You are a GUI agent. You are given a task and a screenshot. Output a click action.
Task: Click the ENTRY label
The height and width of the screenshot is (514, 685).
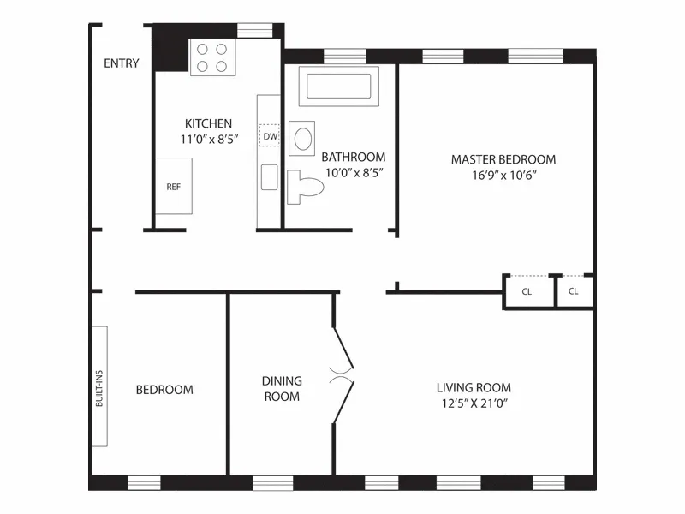tap(122, 63)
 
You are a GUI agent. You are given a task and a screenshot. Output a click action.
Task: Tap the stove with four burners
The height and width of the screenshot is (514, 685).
tap(212, 58)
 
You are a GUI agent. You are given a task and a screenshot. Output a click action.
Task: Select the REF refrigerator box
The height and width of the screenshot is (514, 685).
tap(173, 186)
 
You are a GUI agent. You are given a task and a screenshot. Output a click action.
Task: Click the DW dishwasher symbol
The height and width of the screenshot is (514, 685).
tap(270, 136)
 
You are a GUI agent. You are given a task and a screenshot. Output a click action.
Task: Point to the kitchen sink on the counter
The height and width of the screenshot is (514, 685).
tap(269, 176)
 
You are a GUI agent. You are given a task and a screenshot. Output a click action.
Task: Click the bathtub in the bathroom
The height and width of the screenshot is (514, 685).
tap(338, 87)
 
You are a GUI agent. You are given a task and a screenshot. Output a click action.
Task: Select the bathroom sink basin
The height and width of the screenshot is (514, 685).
tap(302, 139)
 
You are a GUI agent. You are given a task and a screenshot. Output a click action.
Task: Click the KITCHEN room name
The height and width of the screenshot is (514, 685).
tap(208, 123)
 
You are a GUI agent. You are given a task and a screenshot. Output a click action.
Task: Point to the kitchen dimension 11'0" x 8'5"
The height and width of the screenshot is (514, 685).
tap(208, 138)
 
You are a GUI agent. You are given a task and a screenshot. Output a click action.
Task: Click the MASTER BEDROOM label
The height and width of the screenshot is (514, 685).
tap(503, 159)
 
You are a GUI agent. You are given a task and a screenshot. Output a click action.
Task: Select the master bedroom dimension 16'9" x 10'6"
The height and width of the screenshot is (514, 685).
tap(503, 175)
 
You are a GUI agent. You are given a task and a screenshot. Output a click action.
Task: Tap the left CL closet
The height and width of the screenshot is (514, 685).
tap(527, 291)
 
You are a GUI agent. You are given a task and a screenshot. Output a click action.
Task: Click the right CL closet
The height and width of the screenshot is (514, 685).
tap(574, 291)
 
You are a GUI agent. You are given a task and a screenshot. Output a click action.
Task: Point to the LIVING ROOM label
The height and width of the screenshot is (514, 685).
tap(474, 387)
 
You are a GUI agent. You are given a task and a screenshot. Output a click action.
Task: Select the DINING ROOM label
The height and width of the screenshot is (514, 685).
tap(282, 388)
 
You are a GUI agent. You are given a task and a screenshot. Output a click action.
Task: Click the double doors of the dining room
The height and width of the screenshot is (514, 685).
tap(342, 374)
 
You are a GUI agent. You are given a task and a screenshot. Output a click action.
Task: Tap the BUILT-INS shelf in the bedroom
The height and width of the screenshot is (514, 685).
tap(99, 385)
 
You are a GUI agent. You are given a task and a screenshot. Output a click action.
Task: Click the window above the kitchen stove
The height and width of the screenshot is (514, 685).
tap(254, 31)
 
